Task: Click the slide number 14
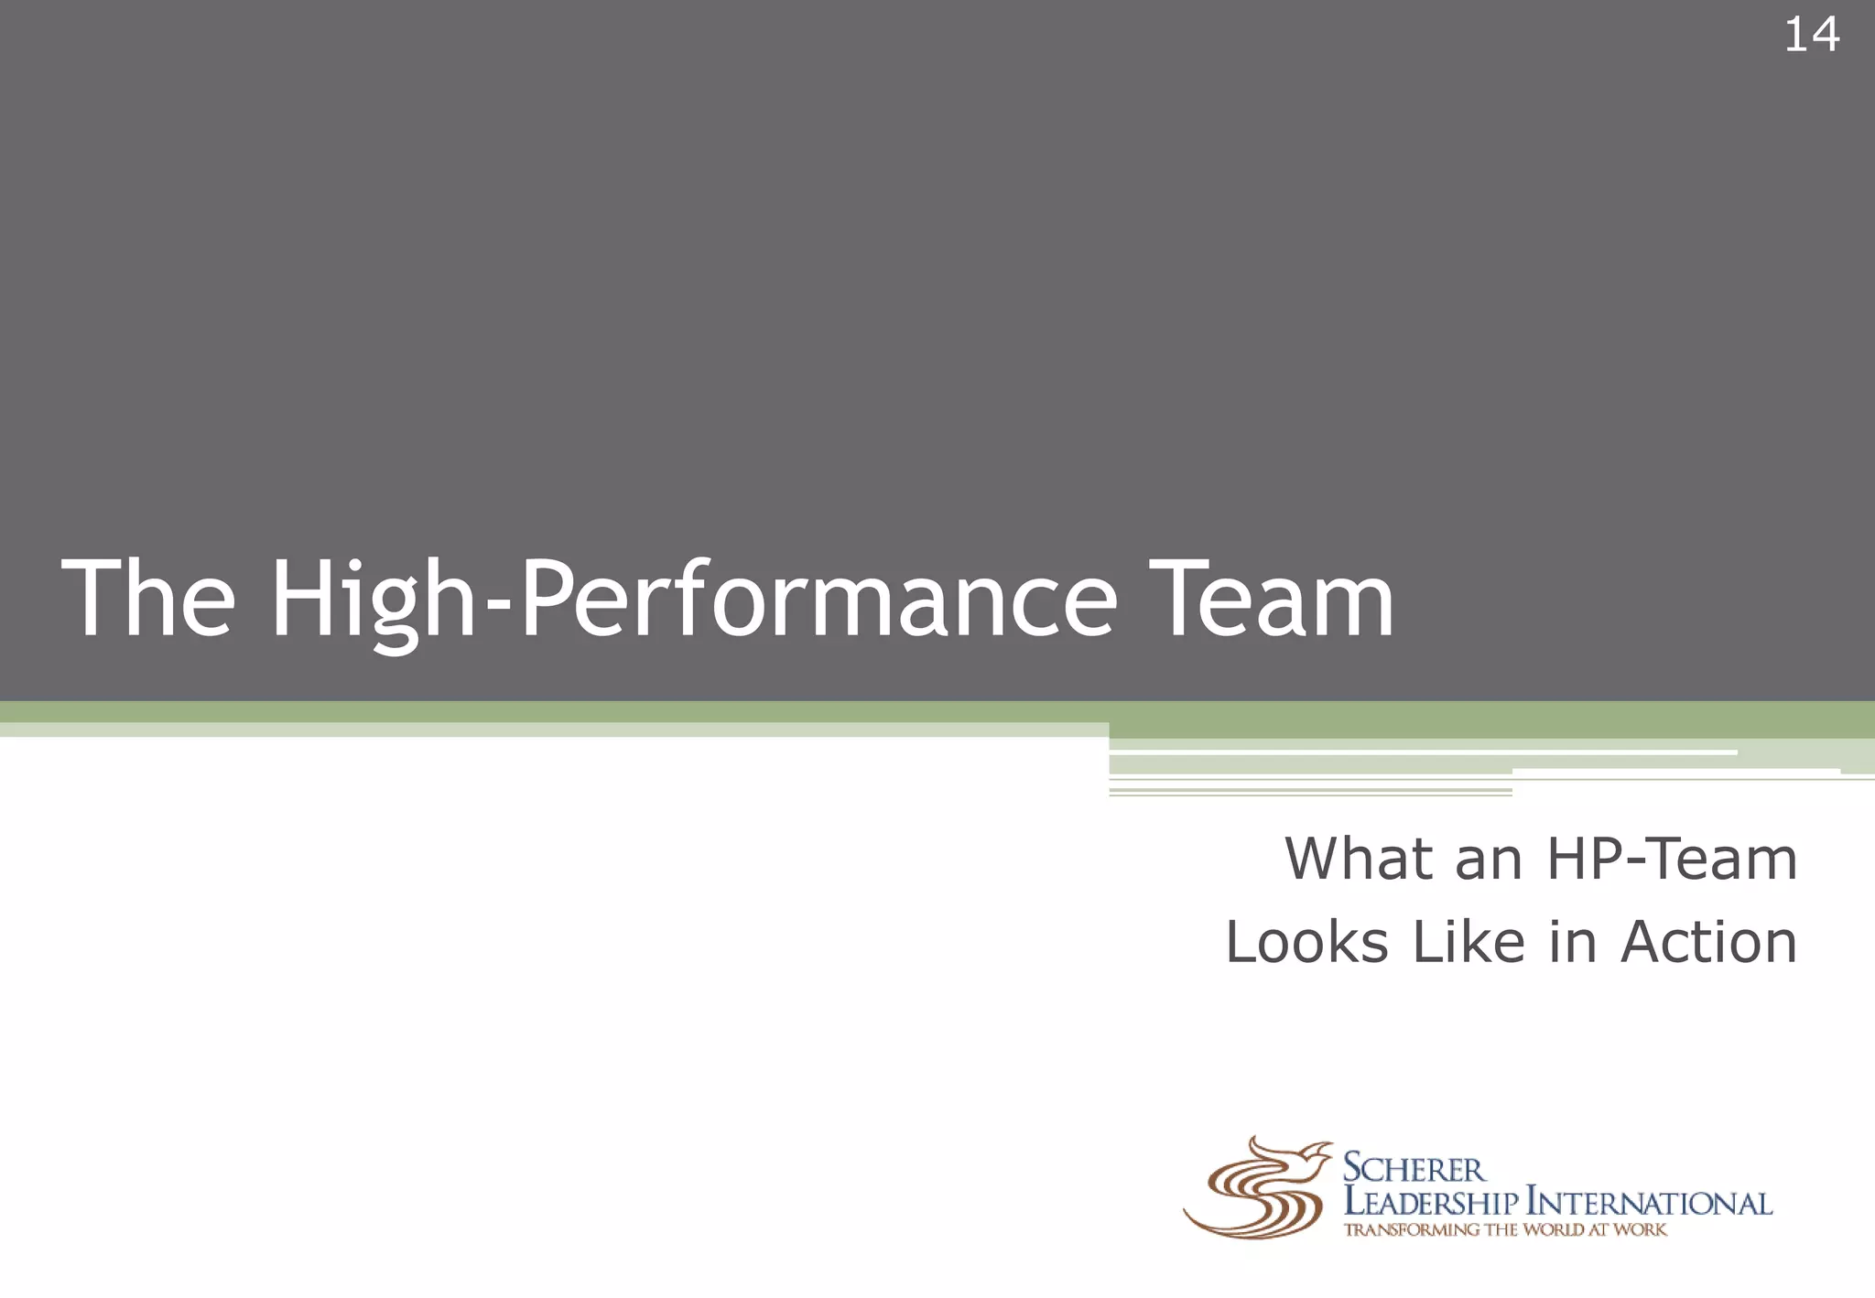[1811, 36]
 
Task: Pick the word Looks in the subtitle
[1306, 942]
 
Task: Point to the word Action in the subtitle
[1708, 942]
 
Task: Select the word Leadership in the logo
[1430, 1203]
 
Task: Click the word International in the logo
[1649, 1203]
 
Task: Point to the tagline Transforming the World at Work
[1504, 1230]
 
